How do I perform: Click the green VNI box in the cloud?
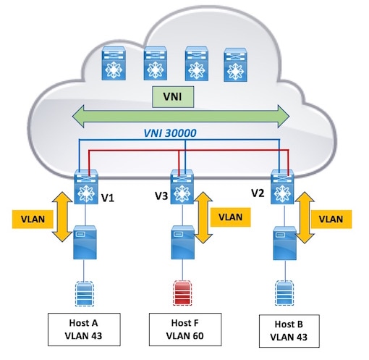[173, 97]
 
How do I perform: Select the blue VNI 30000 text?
[170, 133]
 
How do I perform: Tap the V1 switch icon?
[86, 187]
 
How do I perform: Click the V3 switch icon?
[182, 187]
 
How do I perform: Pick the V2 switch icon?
[282, 187]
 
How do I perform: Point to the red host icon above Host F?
[182, 293]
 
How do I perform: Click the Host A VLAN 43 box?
[84, 330]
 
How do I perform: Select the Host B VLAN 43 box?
[289, 331]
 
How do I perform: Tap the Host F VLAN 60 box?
[185, 330]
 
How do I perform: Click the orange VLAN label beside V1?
[33, 219]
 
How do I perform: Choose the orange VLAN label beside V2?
[331, 219]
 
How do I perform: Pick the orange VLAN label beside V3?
[231, 217]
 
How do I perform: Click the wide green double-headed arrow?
[181, 116]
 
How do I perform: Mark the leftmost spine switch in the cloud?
[114, 63]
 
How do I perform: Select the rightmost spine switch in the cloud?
[235, 64]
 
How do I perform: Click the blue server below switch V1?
[85, 243]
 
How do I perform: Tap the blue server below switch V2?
[284, 243]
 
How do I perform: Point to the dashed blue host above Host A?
[84, 294]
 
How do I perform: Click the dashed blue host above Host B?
[284, 293]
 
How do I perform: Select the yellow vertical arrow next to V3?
[203, 217]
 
